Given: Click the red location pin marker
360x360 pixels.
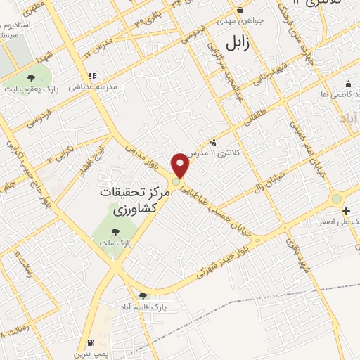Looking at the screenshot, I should coord(181,165).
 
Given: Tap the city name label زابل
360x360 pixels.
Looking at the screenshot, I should coord(238,44).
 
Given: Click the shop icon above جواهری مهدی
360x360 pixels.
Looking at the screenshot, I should coord(240,10).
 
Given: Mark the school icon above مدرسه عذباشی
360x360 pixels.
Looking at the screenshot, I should coord(91,76).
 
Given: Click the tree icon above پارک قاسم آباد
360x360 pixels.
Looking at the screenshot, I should coord(143,296).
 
